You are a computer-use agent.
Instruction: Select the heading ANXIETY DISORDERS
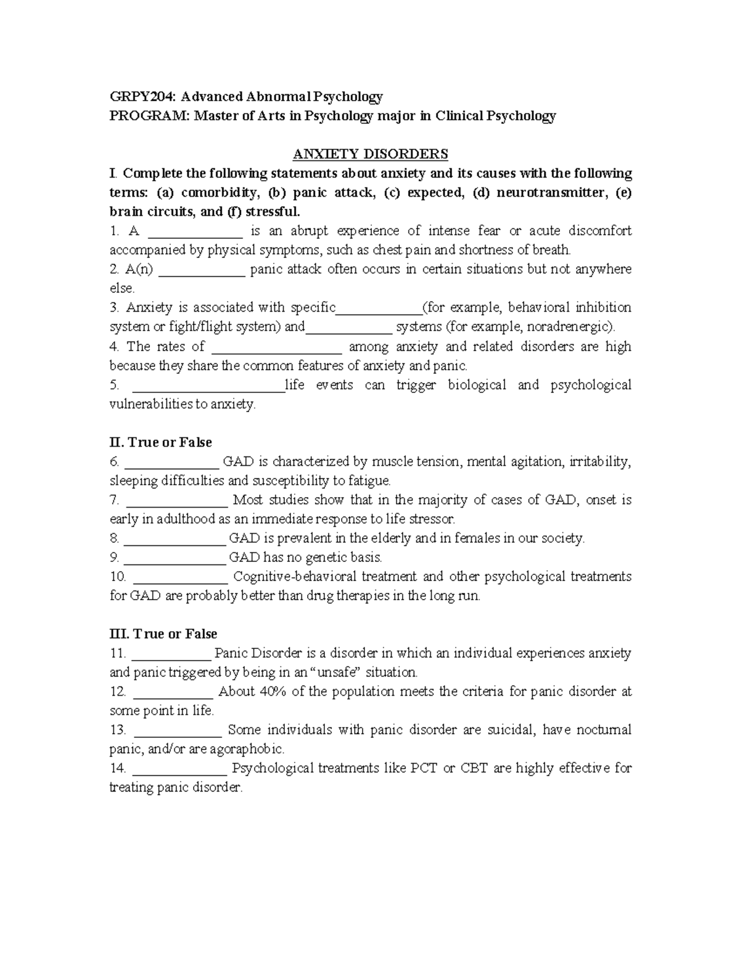370,154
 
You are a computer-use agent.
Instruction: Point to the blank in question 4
276,348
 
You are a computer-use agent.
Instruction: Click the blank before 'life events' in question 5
208,387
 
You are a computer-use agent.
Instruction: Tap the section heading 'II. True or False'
160,442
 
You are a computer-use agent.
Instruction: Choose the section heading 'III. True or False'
163,634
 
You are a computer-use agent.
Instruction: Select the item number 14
118,769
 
